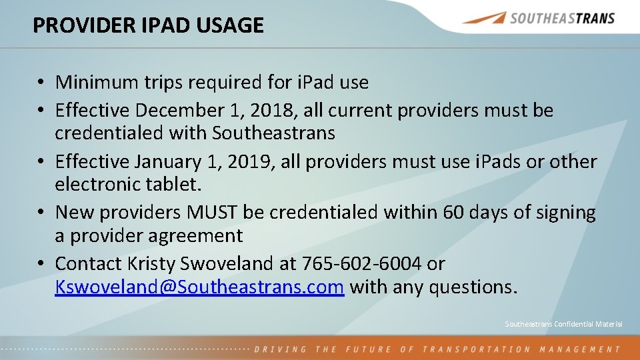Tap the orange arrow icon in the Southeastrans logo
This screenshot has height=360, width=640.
click(x=483, y=18)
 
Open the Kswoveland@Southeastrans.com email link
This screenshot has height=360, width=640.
click(x=199, y=287)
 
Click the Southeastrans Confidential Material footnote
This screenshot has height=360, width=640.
click(x=563, y=324)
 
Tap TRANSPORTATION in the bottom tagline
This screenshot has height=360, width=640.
click(x=475, y=349)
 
